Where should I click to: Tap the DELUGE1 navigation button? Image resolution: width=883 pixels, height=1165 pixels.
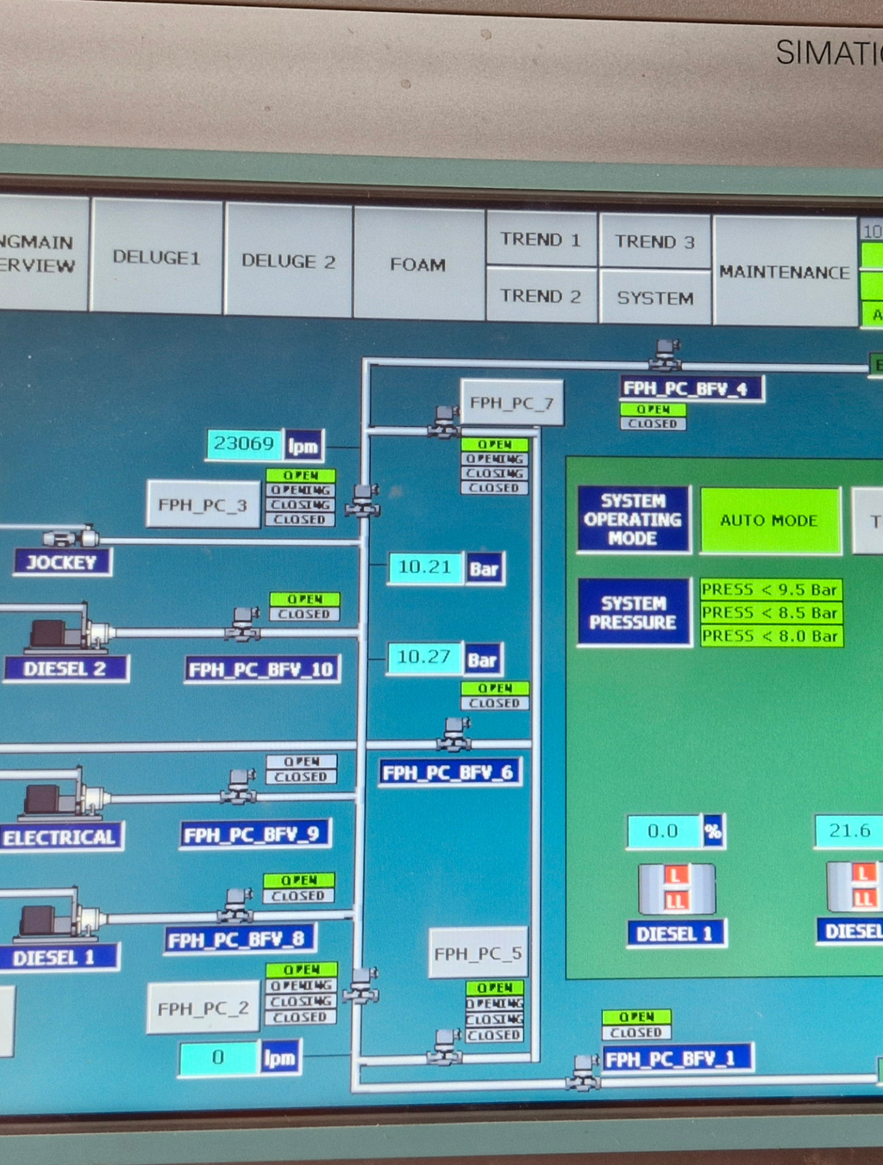pos(156,257)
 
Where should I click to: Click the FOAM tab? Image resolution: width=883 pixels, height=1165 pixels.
pos(418,264)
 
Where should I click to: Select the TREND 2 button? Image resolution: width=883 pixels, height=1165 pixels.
pos(541,296)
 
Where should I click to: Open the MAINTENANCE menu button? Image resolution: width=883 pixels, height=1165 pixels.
pos(785,272)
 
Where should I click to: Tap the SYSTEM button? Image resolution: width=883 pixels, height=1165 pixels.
pos(654,298)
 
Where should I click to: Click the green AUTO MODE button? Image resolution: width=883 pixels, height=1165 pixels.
pos(769,520)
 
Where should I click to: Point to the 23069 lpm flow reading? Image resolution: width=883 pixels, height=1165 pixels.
pos(245,444)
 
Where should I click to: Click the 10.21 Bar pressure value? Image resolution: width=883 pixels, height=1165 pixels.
pos(425,567)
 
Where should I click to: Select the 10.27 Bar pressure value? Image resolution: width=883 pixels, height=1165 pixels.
pos(424,658)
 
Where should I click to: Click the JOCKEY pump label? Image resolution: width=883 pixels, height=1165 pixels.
pos(61,562)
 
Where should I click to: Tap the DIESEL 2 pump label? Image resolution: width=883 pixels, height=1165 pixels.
pos(65,668)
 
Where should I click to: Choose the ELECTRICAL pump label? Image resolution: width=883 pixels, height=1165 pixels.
pos(59,836)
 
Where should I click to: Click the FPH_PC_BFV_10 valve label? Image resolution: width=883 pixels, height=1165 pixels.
pos(261,669)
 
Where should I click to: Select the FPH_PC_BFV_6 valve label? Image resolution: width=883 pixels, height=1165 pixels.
pos(448,772)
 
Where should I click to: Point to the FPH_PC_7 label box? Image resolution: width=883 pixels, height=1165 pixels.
pos(511,403)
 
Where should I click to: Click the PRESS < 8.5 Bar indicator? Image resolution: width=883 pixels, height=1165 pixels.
pos(770,613)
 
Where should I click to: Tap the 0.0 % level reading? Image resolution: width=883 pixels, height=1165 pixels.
pos(663,831)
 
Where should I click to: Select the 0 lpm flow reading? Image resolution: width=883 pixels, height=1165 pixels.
pos(218,1058)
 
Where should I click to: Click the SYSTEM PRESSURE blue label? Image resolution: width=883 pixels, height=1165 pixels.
pos(633,612)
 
